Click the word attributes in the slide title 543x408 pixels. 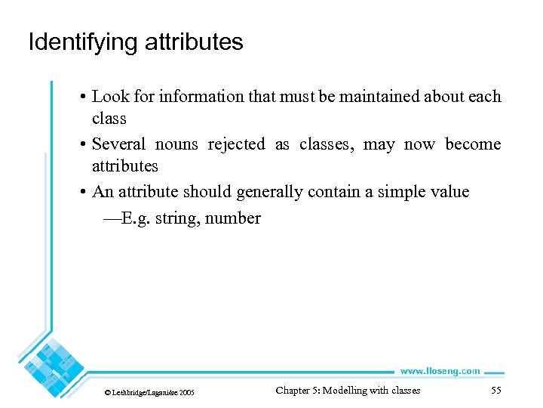pyautogui.click(x=194, y=42)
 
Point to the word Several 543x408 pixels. pyautogui.click(x=118, y=144)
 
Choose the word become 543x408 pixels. pyautogui.click(x=473, y=144)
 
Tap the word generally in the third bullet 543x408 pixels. pyautogui.click(x=268, y=192)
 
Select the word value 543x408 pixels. pyautogui.click(x=450, y=192)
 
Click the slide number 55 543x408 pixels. pyautogui.click(x=495, y=391)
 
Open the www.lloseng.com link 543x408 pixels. pyautogui.click(x=439, y=371)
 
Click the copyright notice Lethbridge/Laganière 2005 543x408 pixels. pyautogui.click(x=149, y=393)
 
